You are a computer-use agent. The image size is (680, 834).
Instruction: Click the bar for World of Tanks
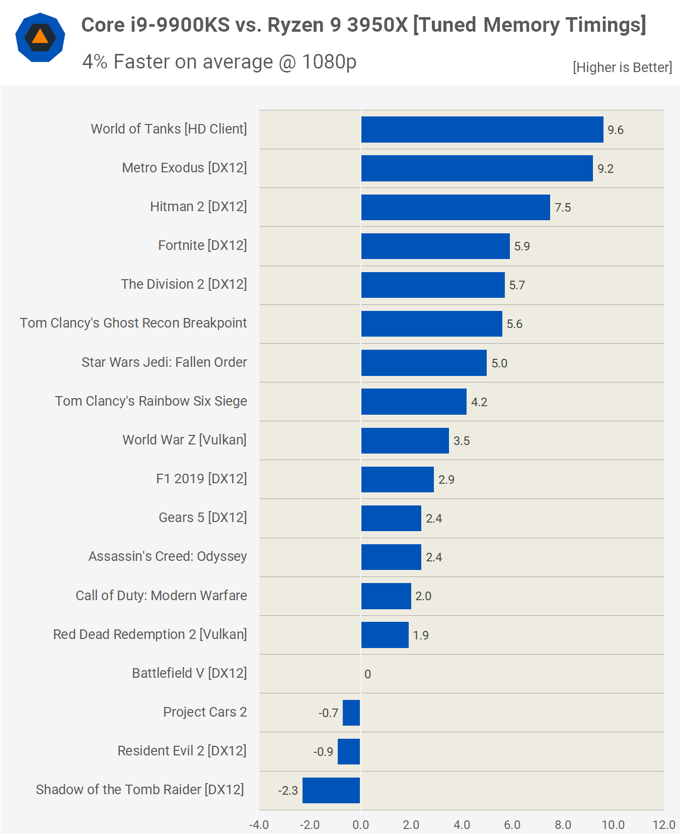point(482,130)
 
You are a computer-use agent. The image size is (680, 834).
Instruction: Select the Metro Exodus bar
point(477,168)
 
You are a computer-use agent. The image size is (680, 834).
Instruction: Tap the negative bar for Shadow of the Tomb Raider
point(331,790)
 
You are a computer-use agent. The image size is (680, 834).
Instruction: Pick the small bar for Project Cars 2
point(351,713)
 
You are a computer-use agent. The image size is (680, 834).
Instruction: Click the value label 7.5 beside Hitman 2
point(563,208)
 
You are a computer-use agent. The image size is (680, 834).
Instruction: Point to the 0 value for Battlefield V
point(368,674)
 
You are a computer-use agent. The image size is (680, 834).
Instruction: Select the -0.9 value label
point(323,752)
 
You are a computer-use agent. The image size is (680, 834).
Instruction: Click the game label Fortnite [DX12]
point(202,245)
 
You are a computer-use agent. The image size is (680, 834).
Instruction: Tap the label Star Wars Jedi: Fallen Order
point(164,362)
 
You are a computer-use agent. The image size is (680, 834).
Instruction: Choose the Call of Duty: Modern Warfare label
point(161,596)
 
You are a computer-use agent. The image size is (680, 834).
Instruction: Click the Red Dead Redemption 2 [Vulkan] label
point(150,634)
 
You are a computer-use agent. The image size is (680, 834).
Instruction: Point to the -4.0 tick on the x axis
point(259,825)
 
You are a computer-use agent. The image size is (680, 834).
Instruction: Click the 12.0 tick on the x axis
point(664,825)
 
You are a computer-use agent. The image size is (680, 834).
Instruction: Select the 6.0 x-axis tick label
point(512,825)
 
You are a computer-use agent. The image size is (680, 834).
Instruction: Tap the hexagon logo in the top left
point(40,37)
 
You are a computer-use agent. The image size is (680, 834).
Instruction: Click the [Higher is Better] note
point(622,67)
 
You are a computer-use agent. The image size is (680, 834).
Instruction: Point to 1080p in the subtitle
point(329,61)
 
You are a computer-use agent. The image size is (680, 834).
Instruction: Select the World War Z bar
point(405,440)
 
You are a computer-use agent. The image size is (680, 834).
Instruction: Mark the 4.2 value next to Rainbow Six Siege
point(479,402)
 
